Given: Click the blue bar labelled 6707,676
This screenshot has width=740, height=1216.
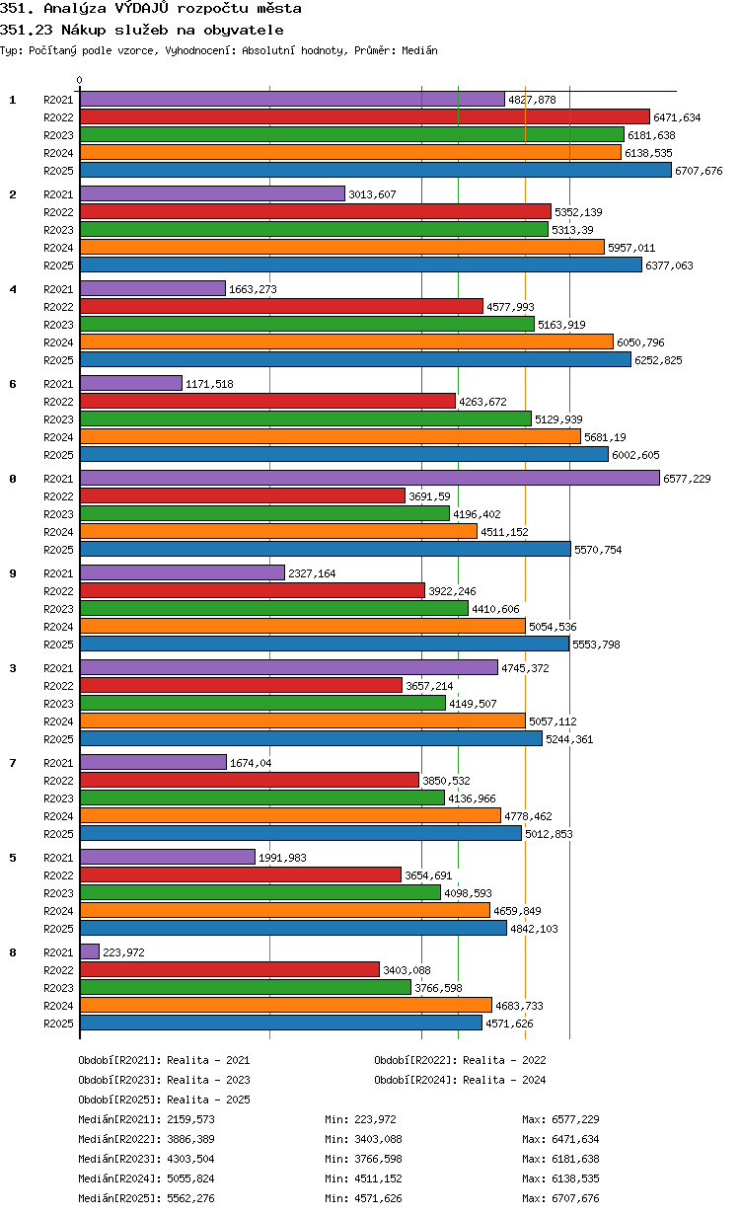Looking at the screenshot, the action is (x=375, y=171).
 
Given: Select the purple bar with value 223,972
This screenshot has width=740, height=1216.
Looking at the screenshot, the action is (x=90, y=951).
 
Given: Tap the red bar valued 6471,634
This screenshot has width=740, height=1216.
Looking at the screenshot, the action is (x=365, y=116).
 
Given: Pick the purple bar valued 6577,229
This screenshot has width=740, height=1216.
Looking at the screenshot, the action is (x=370, y=479).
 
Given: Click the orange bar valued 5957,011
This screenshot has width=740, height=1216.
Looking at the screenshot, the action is (x=342, y=247).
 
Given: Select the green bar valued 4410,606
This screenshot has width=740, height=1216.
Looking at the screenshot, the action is (x=274, y=609).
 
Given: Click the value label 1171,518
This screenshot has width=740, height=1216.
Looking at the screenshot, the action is (x=209, y=384).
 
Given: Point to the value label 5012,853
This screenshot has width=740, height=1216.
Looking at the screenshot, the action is (x=549, y=834).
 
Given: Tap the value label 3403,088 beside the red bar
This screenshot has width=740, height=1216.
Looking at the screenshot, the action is (x=407, y=970).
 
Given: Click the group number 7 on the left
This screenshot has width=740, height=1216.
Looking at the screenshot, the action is (x=13, y=763).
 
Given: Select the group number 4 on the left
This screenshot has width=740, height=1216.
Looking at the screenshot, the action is (x=13, y=289).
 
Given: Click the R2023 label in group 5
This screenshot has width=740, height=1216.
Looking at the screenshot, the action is (x=58, y=893).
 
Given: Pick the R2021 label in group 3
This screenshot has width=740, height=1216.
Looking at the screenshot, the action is (x=58, y=668).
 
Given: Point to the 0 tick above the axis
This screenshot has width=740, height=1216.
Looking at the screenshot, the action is (x=79, y=80).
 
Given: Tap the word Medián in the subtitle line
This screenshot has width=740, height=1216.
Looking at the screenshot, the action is (x=419, y=50).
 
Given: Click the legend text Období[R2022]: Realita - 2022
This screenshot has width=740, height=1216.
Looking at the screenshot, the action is (x=460, y=1060).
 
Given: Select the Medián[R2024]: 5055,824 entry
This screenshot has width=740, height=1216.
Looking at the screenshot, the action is (x=146, y=1178).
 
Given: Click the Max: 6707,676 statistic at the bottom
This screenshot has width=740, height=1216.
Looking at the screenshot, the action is (x=560, y=1197).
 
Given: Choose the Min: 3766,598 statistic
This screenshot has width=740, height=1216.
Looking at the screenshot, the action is (x=363, y=1159).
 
